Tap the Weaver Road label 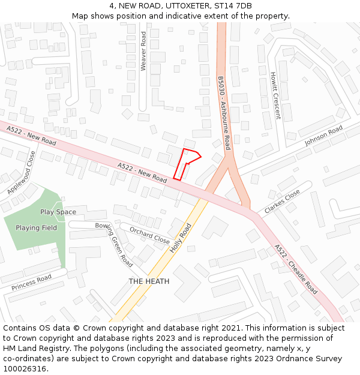pos(143,52)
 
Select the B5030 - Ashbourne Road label pos(224,113)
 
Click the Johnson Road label pos(323,136)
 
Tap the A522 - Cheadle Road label pos(296,268)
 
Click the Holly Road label pos(181,238)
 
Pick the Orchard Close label pos(149,234)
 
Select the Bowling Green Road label pos(114,244)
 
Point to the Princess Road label pos(31,283)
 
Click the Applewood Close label pos(22,172)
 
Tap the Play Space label pos(58,212)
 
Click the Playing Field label pos(37,228)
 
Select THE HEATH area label pos(149,281)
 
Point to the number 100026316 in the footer pos(25,368)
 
